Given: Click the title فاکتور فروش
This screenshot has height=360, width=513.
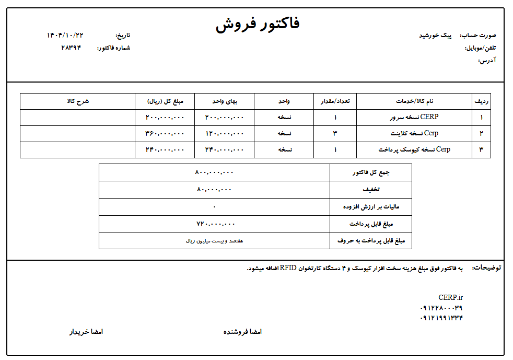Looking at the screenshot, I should coord(258,25).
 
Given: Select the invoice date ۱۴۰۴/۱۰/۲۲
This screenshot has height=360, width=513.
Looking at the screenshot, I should coord(65,35).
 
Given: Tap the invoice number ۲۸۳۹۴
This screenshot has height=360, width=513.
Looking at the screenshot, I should coord(72,48).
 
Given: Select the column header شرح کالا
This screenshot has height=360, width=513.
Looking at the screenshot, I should coord(78,101).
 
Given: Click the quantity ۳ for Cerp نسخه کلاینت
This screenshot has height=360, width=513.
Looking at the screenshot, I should coord(335,134).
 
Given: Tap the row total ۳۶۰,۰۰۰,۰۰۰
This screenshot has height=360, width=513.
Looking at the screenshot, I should coord(165,134).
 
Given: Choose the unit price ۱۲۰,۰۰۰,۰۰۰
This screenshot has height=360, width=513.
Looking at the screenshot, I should coord(224,134).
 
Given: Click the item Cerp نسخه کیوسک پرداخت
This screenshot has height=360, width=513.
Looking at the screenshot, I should coord(414,150).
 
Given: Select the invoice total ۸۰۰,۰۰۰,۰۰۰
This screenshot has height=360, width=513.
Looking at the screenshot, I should coord(215,172).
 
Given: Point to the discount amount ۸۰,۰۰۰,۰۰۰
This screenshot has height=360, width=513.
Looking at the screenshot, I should coord(214,189).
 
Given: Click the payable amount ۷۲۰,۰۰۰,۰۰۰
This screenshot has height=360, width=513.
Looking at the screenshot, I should coord(215,224).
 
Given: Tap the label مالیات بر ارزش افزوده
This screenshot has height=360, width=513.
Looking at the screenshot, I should coord(371,207).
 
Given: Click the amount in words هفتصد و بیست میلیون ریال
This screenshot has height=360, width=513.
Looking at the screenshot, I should coord(215,241).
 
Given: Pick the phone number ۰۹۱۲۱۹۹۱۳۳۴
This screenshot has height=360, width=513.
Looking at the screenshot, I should coord(441,318).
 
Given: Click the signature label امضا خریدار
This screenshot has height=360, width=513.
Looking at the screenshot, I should coord(87,332).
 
